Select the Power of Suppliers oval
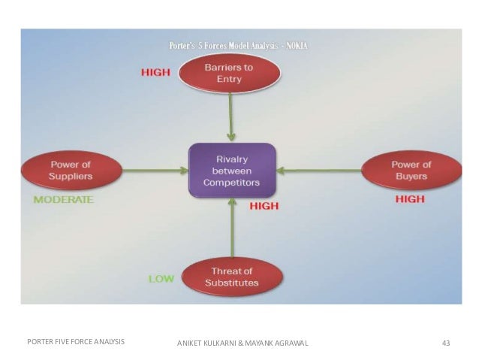71,171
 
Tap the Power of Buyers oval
411,171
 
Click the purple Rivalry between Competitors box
232,171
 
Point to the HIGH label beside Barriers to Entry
156,72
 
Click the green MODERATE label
63,200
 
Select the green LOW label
161,278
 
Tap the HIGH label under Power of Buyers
409,199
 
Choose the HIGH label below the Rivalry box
264,205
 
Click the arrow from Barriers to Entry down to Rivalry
232,117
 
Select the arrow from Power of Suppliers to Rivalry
153,171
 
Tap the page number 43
446,343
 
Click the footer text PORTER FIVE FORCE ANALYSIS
75,342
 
